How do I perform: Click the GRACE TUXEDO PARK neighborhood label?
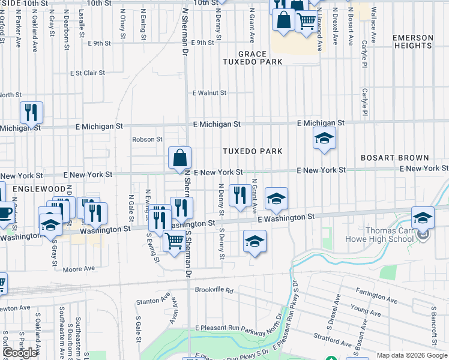click(252, 58)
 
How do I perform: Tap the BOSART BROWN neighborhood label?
click(395, 158)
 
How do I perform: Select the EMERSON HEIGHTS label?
click(413, 42)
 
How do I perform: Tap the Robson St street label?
click(148, 139)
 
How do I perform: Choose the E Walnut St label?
click(209, 93)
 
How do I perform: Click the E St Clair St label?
click(87, 73)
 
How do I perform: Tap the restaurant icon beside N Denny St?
click(240, 194)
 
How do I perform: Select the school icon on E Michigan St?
click(324, 139)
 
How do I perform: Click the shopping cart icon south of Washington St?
click(174, 241)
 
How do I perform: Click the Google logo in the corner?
click(20, 353)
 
